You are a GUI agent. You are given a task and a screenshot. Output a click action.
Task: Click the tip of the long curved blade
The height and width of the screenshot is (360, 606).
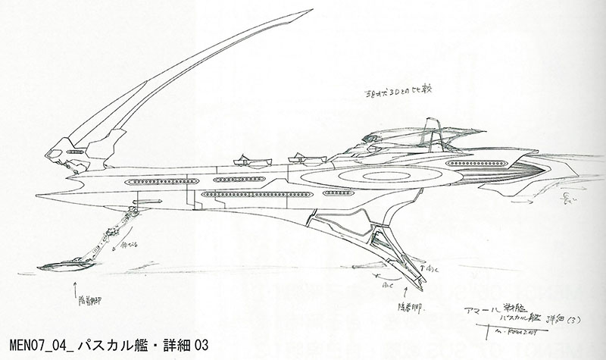click(311, 11)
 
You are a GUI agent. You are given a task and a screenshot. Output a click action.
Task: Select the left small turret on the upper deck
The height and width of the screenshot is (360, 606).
click(244, 160)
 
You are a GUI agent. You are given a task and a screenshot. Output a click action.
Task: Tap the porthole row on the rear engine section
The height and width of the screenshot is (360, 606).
click(476, 163)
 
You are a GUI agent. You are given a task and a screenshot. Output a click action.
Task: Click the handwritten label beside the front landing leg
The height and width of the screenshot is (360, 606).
click(122, 246)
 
